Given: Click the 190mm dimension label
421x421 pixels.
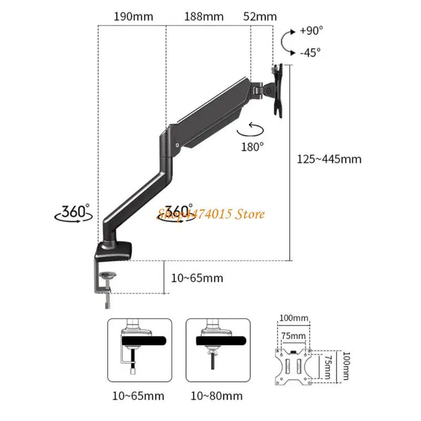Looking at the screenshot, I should click(134, 16).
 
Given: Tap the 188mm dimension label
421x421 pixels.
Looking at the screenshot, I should click(204, 16).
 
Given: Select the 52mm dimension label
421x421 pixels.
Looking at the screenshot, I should click(260, 16).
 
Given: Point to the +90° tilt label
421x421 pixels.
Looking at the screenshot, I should click(311, 30).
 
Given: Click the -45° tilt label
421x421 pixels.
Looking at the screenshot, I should click(310, 52).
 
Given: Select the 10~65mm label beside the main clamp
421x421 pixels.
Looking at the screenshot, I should click(197, 278).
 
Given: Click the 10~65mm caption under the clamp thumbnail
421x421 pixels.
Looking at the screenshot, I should click(139, 396).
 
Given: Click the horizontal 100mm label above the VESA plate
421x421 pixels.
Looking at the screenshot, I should click(294, 319).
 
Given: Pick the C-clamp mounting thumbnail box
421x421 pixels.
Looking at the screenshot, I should click(140, 350).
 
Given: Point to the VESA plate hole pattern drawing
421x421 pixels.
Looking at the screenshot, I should click(294, 364).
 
